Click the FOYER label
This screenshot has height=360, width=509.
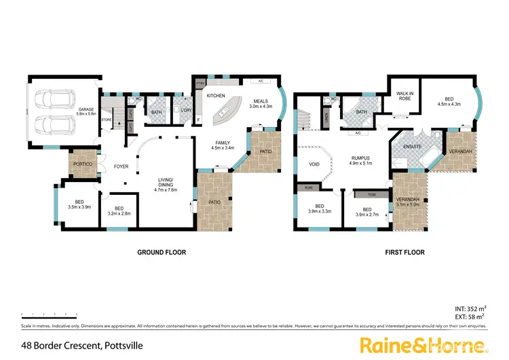click(x=121, y=166)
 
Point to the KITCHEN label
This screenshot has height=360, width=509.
click(x=215, y=96)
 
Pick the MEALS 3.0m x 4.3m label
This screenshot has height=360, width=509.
click(x=260, y=103)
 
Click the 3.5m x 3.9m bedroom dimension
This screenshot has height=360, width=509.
click(x=79, y=206)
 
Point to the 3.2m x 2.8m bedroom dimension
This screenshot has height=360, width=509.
click(x=119, y=212)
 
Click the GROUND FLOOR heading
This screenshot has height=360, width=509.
click(x=162, y=252)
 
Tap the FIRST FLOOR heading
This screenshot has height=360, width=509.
click(x=405, y=252)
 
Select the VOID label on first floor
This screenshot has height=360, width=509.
click(x=314, y=164)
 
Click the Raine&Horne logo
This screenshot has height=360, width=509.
click(x=421, y=345)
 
